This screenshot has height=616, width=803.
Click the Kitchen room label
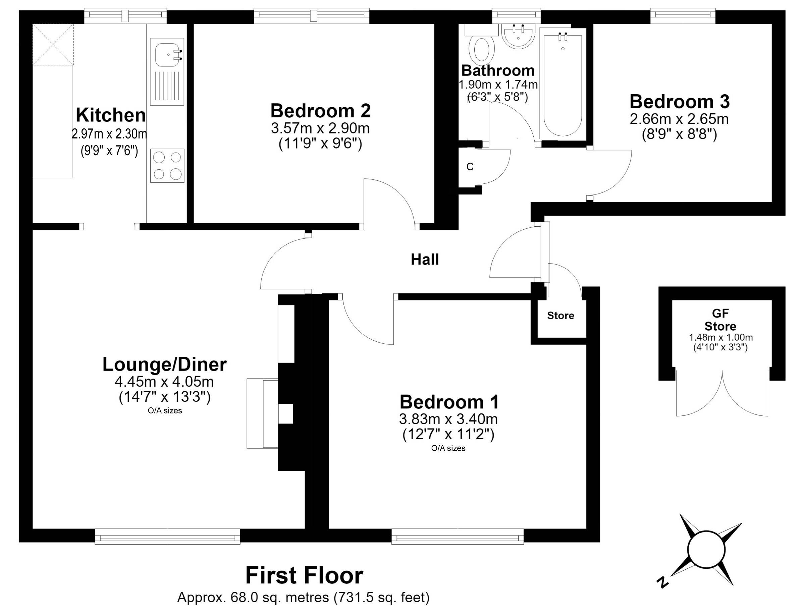[x=111, y=115]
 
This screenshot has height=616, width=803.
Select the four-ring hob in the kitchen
[x=167, y=166]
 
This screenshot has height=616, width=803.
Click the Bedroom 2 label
[x=320, y=111]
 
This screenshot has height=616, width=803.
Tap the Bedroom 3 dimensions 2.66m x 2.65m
[x=679, y=119]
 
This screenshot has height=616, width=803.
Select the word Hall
[x=425, y=260]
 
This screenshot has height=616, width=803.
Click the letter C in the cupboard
[x=470, y=167]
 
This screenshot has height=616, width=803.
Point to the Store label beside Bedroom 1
[x=560, y=316]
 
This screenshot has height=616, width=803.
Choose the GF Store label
[x=720, y=320]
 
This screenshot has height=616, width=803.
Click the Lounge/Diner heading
[x=165, y=365]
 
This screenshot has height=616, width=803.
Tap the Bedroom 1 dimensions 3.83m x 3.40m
[x=448, y=419]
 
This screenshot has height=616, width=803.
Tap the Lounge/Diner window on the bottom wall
[x=168, y=536]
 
